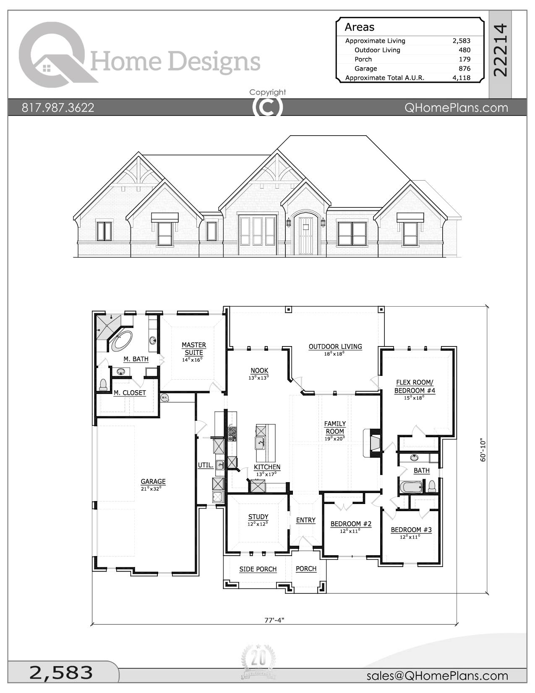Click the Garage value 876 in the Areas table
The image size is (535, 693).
(464, 68)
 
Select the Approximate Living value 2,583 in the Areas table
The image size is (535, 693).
(461, 41)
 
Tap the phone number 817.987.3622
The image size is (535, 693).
(58, 108)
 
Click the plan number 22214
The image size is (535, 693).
(500, 50)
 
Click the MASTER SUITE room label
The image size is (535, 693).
(193, 349)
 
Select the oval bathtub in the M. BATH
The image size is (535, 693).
(122, 341)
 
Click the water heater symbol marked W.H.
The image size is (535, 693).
(164, 397)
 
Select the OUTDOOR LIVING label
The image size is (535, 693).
(335, 346)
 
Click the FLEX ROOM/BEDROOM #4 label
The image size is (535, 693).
(415, 386)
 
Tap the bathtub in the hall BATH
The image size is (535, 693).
(411, 487)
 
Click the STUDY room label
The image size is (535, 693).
(258, 517)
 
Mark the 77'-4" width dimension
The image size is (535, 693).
(274, 620)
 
